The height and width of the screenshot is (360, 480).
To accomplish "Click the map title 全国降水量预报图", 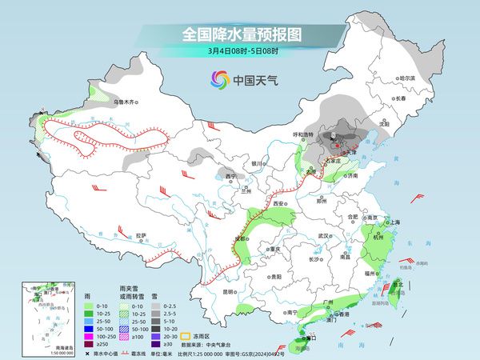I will [239, 34].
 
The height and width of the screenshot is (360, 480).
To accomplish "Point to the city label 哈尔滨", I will [408, 78].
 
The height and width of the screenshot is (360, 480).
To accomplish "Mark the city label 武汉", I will [324, 236].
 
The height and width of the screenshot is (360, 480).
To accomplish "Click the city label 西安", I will [279, 204].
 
